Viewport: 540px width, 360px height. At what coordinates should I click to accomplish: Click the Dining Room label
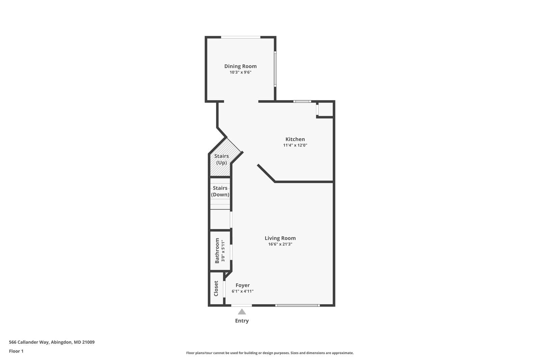coord(240,66)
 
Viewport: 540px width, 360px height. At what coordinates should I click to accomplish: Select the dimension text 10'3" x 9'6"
coord(240,72)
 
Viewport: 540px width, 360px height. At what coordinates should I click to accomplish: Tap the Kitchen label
coord(295,139)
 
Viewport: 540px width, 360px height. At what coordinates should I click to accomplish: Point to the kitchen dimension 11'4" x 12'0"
coord(295,146)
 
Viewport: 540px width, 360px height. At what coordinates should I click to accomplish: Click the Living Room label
coord(280,238)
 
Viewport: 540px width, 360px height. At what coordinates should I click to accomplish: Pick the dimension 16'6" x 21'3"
coord(280,244)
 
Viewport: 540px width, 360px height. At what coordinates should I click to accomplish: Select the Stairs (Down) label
coord(220,191)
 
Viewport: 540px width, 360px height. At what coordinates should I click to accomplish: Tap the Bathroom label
coord(217,251)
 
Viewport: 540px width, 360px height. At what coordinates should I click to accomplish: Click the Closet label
coord(216,288)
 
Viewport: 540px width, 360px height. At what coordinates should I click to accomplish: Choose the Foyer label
coord(242,285)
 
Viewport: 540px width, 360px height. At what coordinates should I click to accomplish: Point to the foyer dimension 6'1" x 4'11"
coord(242,291)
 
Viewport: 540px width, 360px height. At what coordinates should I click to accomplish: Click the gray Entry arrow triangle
coord(242,312)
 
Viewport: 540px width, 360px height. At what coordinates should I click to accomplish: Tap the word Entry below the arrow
coord(242,321)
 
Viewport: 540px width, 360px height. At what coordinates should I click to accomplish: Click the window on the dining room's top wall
coord(240,37)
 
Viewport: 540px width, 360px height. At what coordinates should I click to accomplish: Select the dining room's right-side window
coord(275,69)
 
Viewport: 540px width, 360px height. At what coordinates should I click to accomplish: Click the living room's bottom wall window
coord(297,305)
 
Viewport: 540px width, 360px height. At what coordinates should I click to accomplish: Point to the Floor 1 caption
coord(16,351)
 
